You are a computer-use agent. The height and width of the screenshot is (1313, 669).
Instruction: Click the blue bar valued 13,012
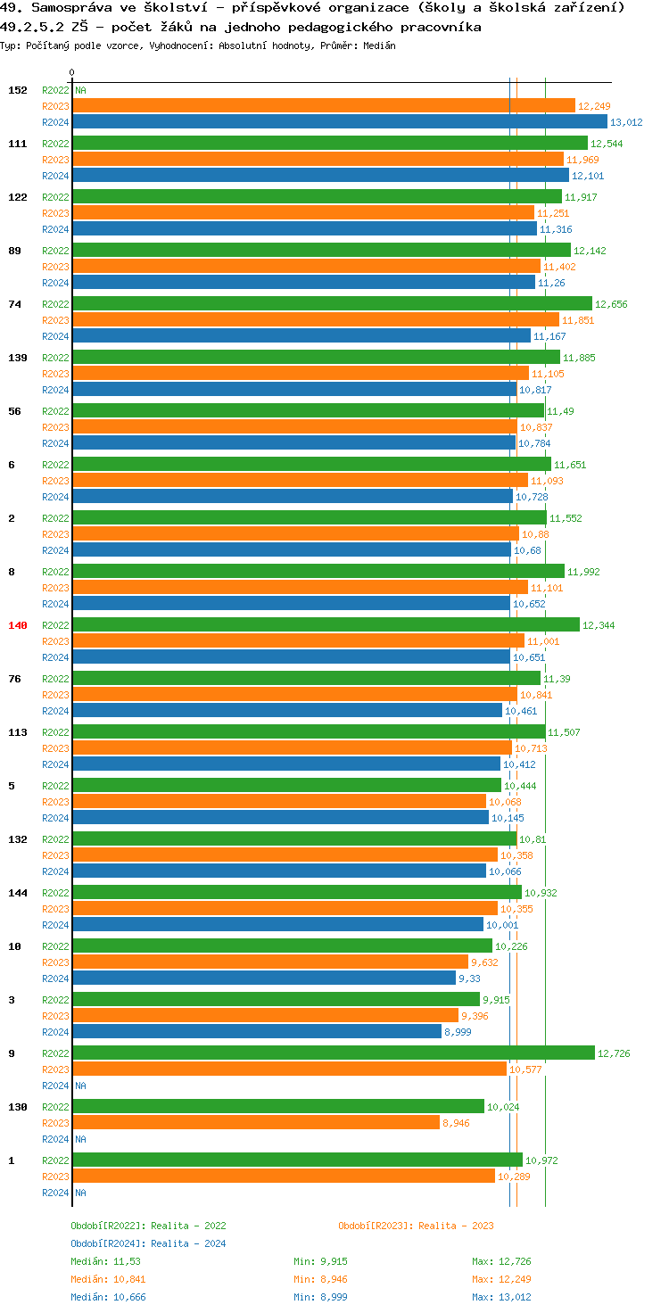(339, 122)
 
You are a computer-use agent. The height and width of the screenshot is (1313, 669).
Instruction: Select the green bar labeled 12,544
(329, 143)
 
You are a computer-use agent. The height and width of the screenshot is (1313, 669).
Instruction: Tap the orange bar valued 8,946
(256, 1122)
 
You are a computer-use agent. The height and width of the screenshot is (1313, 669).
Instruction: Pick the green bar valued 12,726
(333, 1053)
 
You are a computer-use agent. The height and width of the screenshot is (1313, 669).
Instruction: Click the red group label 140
(18, 625)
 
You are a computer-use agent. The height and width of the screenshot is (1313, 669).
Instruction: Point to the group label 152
(18, 90)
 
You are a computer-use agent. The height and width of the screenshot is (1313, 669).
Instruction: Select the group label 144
(18, 893)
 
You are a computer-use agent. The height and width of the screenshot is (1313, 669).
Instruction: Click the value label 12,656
(611, 304)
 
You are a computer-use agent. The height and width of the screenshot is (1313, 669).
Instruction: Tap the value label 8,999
(458, 1032)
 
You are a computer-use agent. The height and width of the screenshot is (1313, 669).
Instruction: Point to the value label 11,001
(543, 641)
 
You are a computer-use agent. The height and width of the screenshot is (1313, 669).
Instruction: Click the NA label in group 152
(80, 90)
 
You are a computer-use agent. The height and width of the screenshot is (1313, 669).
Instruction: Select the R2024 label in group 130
(55, 1139)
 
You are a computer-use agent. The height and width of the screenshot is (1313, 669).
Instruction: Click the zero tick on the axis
(72, 72)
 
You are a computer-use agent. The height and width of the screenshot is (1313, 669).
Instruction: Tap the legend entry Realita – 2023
(416, 1226)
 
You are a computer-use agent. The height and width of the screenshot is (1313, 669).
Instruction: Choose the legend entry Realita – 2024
(148, 1243)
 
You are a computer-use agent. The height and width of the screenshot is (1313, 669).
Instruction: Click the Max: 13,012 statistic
(501, 1297)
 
